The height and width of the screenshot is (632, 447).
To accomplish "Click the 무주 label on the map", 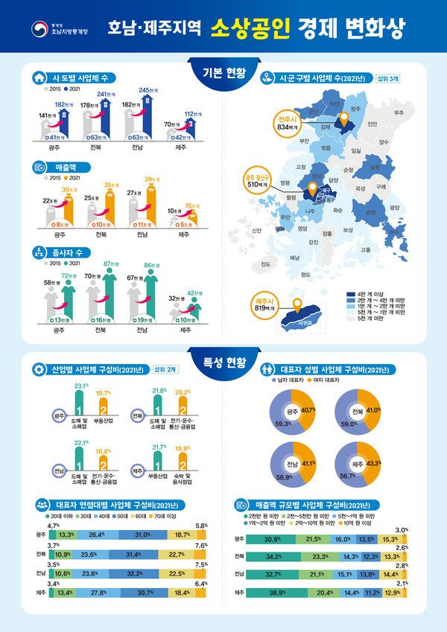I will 399,112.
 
